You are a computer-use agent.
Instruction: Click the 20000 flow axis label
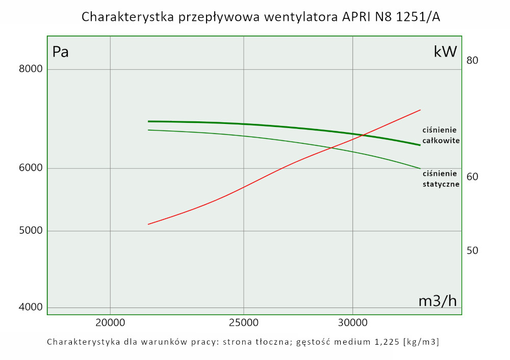tap(110, 323)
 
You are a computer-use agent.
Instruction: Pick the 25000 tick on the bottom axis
tap(244, 323)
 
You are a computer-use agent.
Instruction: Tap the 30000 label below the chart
tap(353, 323)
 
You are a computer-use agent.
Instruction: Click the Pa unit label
tap(61, 52)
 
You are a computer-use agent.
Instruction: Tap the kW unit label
tap(445, 52)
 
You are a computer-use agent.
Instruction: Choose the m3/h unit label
tap(438, 301)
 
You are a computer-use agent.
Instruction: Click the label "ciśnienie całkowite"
tap(441, 135)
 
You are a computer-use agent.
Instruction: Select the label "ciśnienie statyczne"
tap(441, 179)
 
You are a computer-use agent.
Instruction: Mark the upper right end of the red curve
tap(420, 110)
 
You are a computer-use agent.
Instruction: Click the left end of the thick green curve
tap(148, 121)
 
